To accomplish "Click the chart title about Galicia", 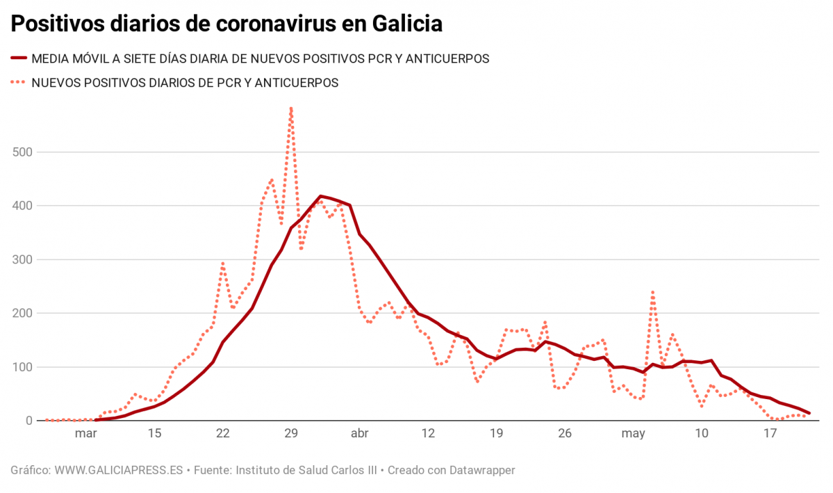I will tap(226, 24).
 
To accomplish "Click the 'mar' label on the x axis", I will tap(85, 434).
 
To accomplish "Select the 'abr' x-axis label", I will tap(359, 434).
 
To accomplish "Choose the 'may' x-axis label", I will tap(633, 434).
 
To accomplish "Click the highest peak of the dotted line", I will tap(291, 108).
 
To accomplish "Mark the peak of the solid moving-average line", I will tap(320, 196).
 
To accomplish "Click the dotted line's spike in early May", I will tap(653, 291).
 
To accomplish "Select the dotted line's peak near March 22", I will tap(222, 263).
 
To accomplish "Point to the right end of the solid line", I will tap(809, 413).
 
